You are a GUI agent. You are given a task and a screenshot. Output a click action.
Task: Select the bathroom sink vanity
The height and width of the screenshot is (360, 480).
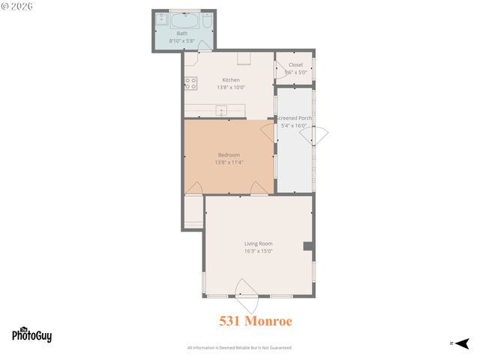(x=160, y=21)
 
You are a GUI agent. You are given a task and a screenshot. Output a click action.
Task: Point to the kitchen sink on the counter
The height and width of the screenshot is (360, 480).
(x=222, y=111)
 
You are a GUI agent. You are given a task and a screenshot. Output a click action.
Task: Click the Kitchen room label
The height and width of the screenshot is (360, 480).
(x=231, y=79)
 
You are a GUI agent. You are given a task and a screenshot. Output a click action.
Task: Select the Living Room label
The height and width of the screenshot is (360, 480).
(x=258, y=244)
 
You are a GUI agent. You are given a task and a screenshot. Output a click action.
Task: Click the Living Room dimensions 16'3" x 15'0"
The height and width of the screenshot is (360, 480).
(x=258, y=251)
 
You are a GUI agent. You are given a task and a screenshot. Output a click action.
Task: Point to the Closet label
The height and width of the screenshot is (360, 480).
(x=295, y=64)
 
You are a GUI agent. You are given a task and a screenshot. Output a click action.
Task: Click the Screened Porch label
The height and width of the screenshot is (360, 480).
(x=295, y=118)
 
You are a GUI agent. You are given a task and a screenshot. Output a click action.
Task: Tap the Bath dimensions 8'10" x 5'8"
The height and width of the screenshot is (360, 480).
(x=182, y=40)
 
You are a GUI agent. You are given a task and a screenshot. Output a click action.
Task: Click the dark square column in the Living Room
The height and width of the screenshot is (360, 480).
(x=307, y=246)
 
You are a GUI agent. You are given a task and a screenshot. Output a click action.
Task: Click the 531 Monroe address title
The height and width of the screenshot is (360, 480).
(x=255, y=320)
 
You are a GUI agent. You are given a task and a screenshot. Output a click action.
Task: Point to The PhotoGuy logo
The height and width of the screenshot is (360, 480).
(x=31, y=334)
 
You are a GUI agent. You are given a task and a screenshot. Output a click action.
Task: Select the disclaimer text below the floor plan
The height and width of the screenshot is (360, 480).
(x=239, y=348)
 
